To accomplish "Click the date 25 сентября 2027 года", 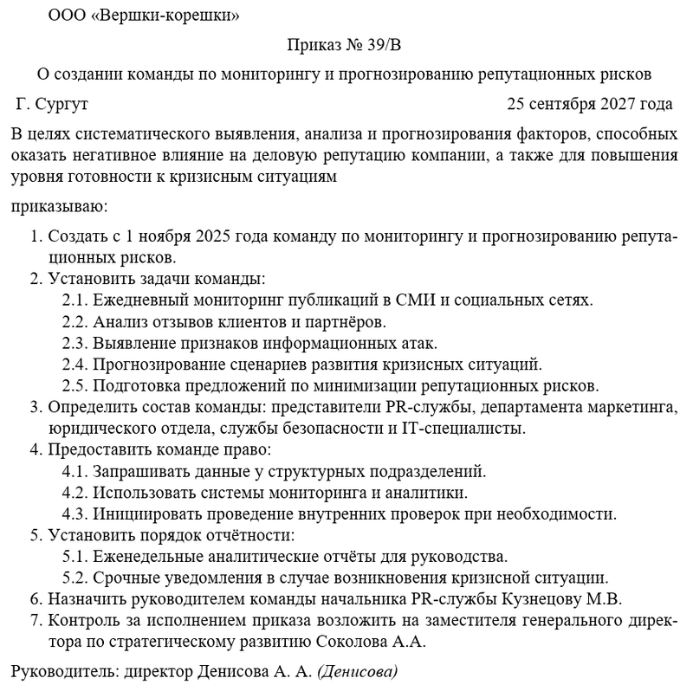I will pos(590,105).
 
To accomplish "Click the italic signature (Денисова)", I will pos(358,671).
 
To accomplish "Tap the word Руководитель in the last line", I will pos(63,671).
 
